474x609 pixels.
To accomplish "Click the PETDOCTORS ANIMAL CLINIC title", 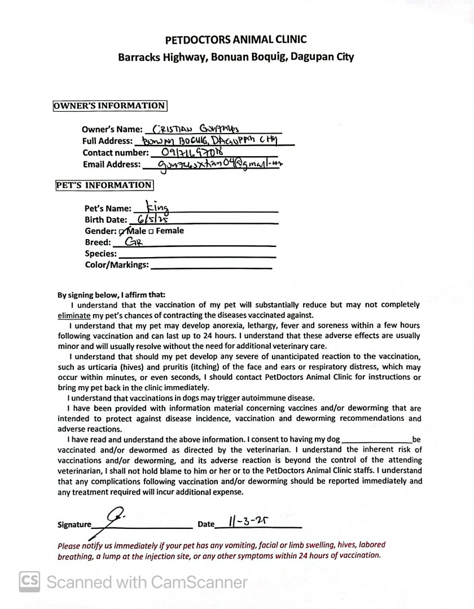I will click(236, 39).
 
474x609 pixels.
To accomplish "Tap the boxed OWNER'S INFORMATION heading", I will click(109, 105).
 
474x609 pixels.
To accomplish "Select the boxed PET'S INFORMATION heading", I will click(103, 185).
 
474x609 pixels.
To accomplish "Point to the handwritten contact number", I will click(192, 152).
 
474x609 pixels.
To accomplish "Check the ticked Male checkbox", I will click(122, 231).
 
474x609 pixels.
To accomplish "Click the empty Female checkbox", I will click(151, 231).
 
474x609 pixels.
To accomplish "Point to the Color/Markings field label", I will click(117, 265).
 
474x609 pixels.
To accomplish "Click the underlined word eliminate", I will click(74, 315).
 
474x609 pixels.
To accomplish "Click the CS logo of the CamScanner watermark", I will click(30, 581).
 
